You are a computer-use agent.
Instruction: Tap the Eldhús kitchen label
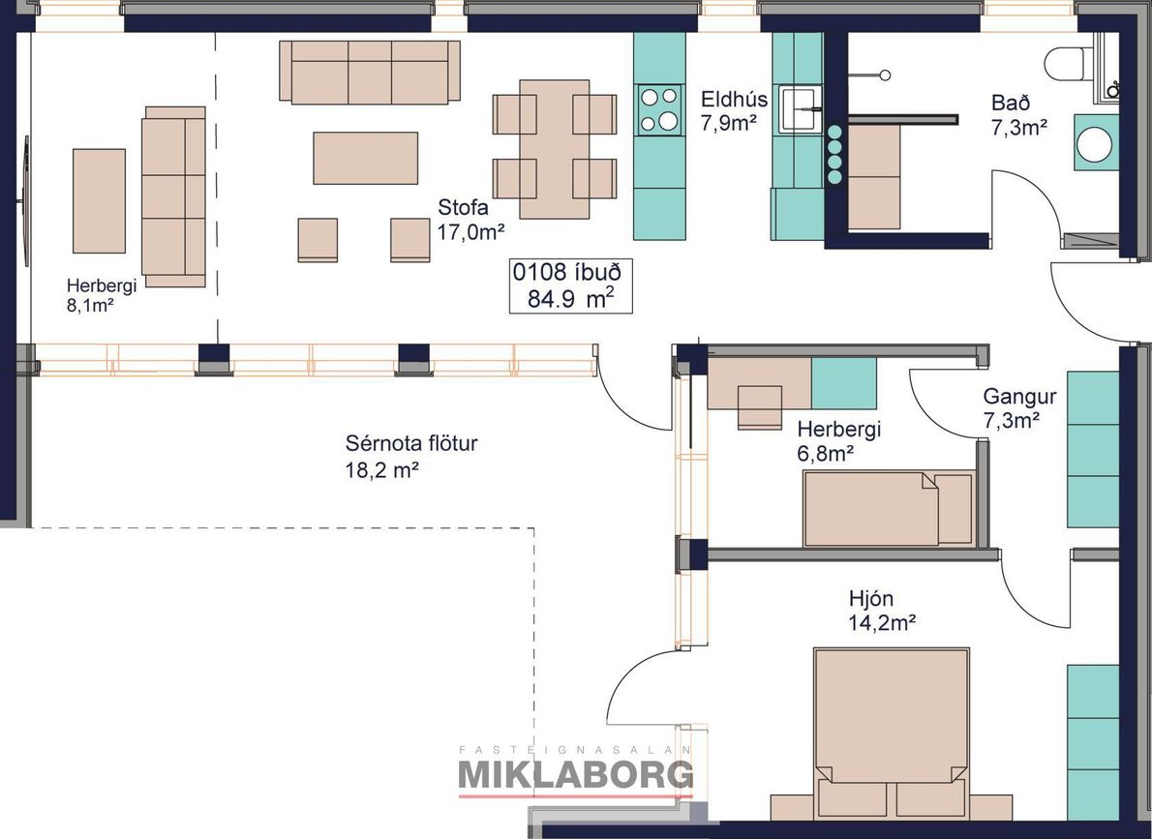coord(733,110)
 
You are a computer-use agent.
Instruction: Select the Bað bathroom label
coord(1018,114)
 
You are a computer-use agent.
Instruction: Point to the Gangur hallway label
coord(1019,408)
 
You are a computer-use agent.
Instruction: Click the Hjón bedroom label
coord(882,611)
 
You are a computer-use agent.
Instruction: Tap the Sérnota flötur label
coord(411,456)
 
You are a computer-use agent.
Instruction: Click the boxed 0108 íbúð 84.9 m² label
coord(571,285)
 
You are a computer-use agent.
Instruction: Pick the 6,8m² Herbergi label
coord(839,441)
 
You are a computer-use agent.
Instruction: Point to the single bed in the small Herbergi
coord(889,508)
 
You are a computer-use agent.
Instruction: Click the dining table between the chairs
coord(555,149)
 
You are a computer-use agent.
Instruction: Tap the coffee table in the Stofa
coord(365,158)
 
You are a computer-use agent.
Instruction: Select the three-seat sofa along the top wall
coord(370,72)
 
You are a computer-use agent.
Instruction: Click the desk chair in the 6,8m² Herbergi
coord(760,407)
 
